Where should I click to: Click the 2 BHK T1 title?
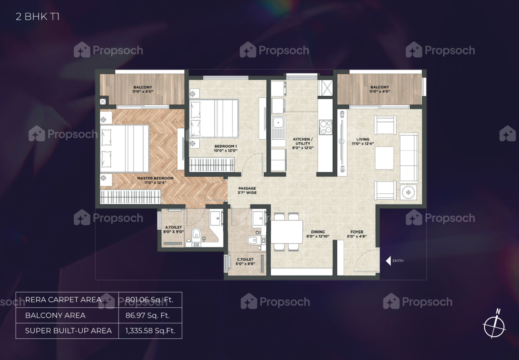pos(38,17)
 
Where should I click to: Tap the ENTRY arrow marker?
pos(388,261)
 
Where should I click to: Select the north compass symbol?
pos(495,324)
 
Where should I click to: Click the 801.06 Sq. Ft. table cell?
pos(149,300)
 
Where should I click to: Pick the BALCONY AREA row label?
pos(55,315)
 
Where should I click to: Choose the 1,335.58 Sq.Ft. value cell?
pos(150,331)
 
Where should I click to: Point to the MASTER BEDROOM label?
pos(155,180)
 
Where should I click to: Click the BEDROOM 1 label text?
pos(226,148)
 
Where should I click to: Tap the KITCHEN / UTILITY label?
pos(303,143)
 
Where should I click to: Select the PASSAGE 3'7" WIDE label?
pos(247,191)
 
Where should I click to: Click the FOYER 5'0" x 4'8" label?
pos(357,234)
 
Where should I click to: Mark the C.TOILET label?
pos(245,261)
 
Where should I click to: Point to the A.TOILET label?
pos(174,230)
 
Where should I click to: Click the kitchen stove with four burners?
pos(326,127)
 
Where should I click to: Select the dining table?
pos(287,232)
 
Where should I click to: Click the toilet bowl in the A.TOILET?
pos(196,234)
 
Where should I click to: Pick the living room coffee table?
pos(384,158)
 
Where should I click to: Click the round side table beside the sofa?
pos(408,192)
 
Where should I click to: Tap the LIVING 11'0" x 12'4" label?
pos(363,142)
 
